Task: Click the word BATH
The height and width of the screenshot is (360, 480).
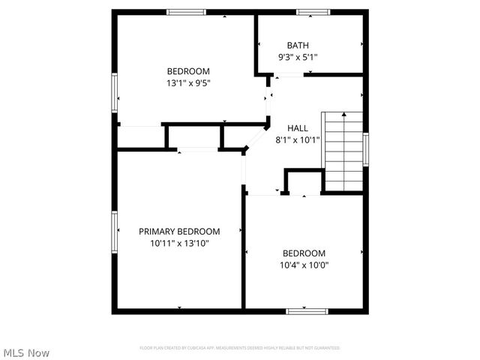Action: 298,45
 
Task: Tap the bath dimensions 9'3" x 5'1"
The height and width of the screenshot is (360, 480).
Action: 298,57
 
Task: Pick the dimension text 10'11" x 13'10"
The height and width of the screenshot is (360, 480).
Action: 179,244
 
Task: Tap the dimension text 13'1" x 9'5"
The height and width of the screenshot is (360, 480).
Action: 187,83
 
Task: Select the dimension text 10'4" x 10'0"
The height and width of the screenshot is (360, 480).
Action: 304,265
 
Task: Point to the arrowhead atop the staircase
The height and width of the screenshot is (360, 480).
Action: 343,115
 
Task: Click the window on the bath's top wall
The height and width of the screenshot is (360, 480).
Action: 313,12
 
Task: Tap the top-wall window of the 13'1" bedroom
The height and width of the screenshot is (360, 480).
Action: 186,12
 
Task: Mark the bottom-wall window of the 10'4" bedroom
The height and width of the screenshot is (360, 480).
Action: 307,310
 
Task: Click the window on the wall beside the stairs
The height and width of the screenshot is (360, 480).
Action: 366,149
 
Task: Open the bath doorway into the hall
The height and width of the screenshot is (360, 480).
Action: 288,75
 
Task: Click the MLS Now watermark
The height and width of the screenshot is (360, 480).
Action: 27,352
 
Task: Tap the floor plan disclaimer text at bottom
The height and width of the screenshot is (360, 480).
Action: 239,348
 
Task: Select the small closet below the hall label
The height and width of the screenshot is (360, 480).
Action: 303,182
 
